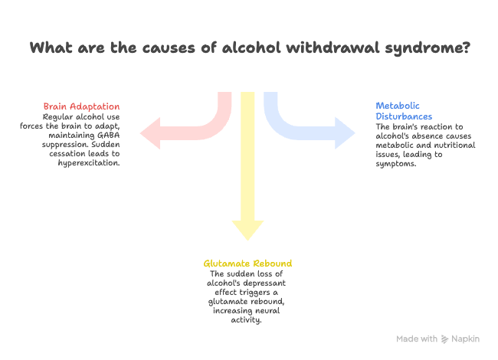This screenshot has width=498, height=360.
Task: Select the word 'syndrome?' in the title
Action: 424,47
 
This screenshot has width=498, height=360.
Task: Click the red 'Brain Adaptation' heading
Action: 82,106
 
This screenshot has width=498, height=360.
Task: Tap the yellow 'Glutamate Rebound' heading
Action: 247,263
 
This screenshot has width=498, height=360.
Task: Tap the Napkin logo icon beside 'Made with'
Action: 445,339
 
